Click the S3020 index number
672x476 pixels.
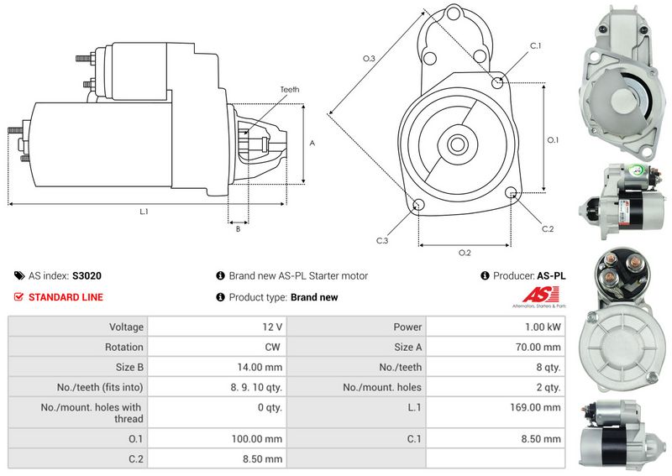pos(87,276)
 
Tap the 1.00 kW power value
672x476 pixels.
pos(543,327)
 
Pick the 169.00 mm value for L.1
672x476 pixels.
pos(535,407)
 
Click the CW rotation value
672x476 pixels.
pos(272,347)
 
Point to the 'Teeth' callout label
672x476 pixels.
pos(290,90)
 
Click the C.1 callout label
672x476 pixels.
pos(536,46)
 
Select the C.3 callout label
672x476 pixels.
pos(382,241)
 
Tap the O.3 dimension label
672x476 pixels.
pos(369,58)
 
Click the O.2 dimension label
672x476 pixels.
pos(465,253)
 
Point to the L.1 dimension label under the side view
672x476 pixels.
pos(144,212)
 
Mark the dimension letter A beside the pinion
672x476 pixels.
pos(312,143)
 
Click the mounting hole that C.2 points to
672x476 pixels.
pos(511,193)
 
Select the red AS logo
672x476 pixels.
pos(540,295)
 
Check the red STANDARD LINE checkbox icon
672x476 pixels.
pos(18,297)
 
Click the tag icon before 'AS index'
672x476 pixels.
pos(19,275)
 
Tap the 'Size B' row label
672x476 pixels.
pos(129,367)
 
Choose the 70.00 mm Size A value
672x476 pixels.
pos(538,347)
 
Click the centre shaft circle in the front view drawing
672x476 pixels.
pos(457,144)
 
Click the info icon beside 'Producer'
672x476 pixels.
pos(485,275)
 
